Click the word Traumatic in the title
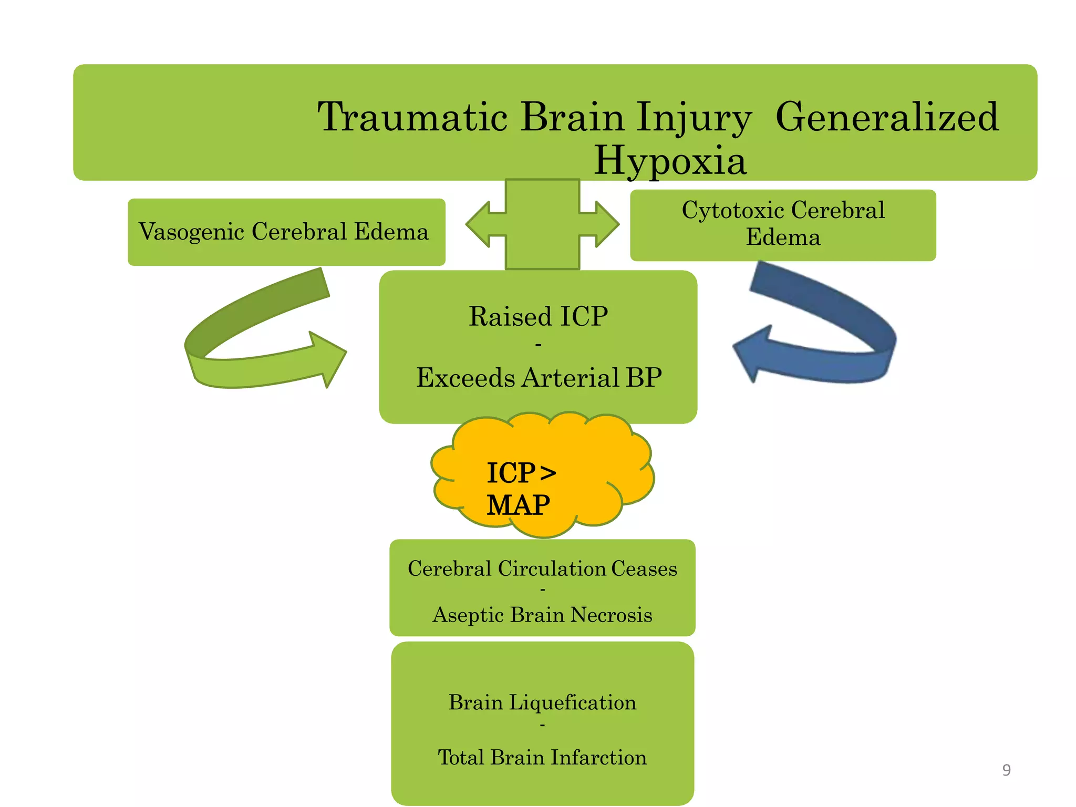(412, 117)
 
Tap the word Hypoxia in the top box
(670, 160)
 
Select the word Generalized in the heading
(887, 117)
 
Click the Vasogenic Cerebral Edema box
(286, 232)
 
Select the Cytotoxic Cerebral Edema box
(783, 224)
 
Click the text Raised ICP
(538, 316)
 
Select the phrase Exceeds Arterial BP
(539, 377)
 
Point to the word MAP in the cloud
(518, 505)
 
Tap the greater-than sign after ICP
(548, 473)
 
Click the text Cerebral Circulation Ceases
(542, 568)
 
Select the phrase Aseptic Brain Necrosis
(542, 615)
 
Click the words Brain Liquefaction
(542, 702)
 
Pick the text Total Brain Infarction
(542, 758)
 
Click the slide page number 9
(1006, 770)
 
